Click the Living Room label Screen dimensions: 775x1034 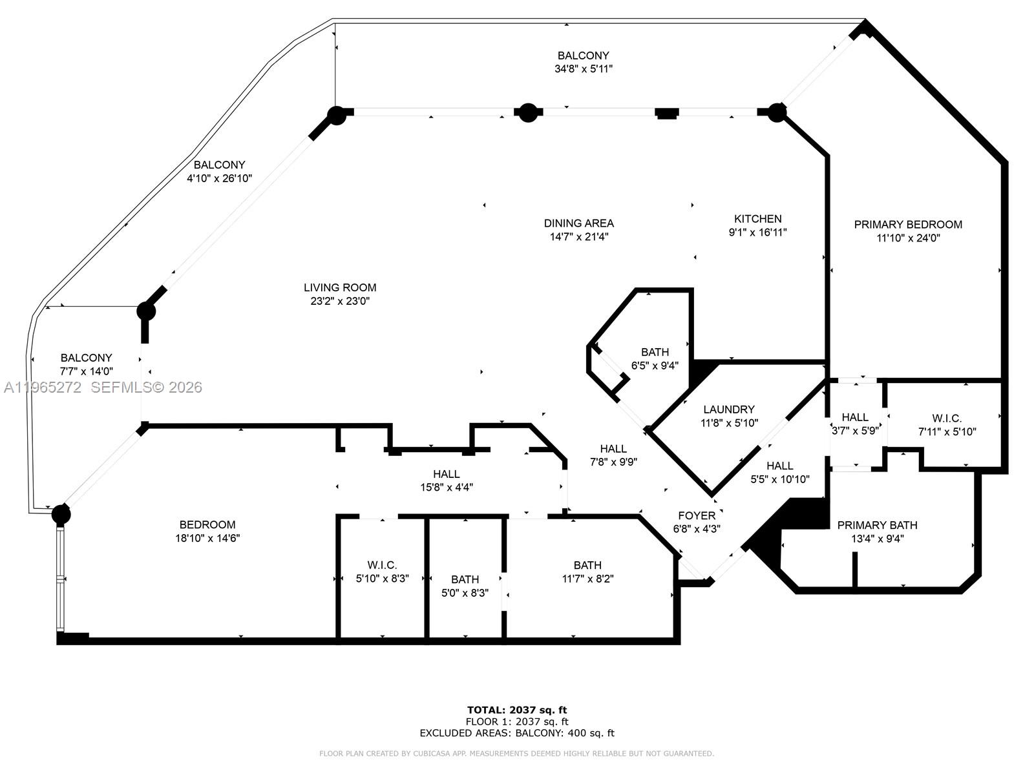tap(340, 287)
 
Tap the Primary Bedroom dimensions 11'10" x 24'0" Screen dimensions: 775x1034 tap(907, 238)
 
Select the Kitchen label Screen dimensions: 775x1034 tap(757, 219)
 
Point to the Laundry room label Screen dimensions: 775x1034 tap(728, 409)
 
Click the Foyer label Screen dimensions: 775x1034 tap(696, 515)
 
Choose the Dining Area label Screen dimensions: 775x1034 tap(578, 223)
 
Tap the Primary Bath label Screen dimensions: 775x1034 tap(876, 525)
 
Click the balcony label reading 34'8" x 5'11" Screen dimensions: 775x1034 tap(583, 68)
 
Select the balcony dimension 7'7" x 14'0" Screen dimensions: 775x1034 tap(86, 371)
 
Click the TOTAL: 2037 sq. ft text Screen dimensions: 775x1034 tap(517, 710)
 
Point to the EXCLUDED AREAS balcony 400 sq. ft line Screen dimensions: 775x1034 tap(517, 733)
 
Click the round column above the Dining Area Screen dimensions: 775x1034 tap(528, 113)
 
